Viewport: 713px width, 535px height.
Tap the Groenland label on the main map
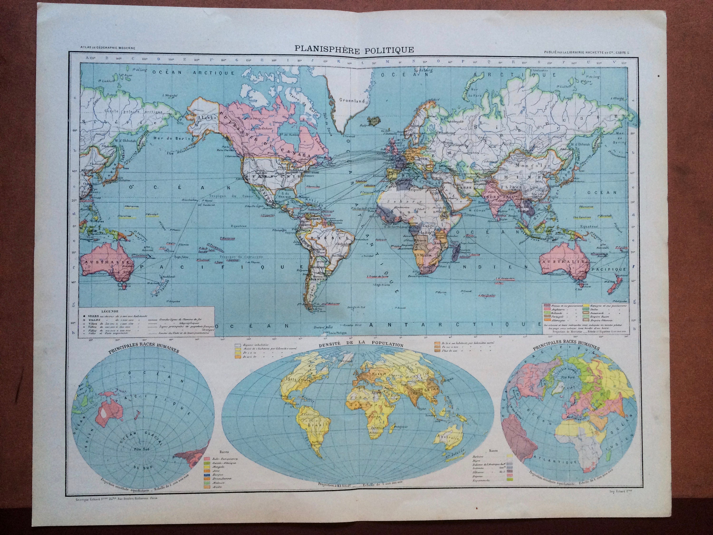(x=352, y=100)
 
